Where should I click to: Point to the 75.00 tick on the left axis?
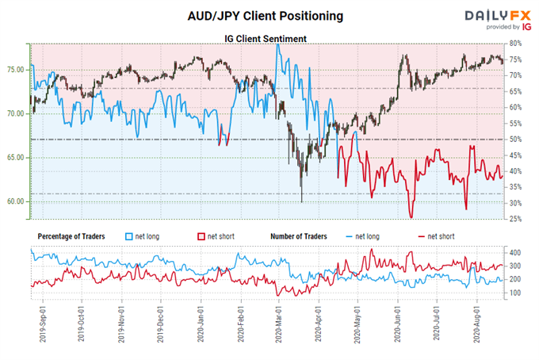point(16,69)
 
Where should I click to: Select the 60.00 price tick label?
point(16,201)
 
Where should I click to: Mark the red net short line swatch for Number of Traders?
point(419,236)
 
